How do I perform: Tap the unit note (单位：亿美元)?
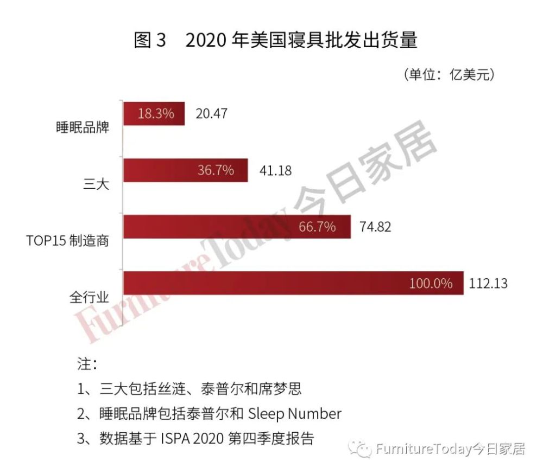click(x=449, y=75)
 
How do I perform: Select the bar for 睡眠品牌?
click(x=154, y=114)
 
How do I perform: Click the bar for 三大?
click(x=186, y=170)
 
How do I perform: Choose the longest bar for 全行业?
click(x=293, y=283)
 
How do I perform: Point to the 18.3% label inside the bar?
click(x=155, y=114)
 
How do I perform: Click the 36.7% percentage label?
click(x=216, y=170)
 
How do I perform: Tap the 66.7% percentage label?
click(x=317, y=227)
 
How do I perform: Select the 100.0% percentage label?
click(x=431, y=283)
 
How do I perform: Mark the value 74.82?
click(x=375, y=227)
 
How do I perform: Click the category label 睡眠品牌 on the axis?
click(x=83, y=128)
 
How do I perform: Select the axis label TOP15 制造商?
click(x=68, y=241)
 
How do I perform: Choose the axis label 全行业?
click(x=89, y=297)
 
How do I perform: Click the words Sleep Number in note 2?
click(x=294, y=414)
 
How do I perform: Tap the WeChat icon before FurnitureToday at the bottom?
click(x=359, y=449)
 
